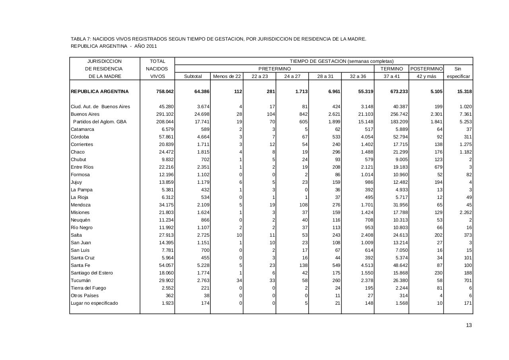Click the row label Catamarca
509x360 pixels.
pyautogui.click(x=82, y=129)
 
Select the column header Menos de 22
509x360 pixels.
pyautogui.click(x=227, y=76)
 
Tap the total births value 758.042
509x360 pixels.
pyautogui.click(x=165, y=91)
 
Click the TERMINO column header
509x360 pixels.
pyautogui.click(x=392, y=69)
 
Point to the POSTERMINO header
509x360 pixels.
pyautogui.click(x=426, y=69)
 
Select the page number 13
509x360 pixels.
pyautogui.click(x=469, y=325)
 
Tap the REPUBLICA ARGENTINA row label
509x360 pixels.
pyautogui.click(x=99, y=91)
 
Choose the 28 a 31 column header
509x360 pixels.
pyautogui.click(x=325, y=76)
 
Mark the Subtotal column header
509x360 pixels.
pyautogui.click(x=193, y=76)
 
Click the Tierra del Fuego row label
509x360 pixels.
pyautogui.click(x=88, y=288)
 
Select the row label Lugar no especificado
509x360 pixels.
pyautogui.click(x=94, y=303)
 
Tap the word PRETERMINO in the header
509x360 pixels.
pyautogui.click(x=274, y=69)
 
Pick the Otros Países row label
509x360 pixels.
pyautogui.click(x=84, y=296)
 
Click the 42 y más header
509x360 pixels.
pyautogui.click(x=426, y=76)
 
